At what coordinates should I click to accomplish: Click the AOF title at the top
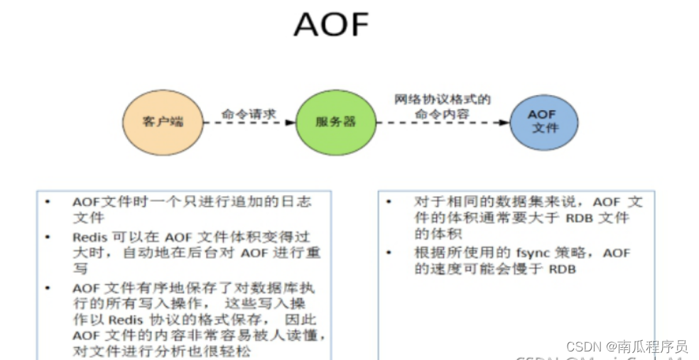pyautogui.click(x=331, y=25)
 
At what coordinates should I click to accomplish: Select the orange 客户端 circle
pyautogui.click(x=163, y=121)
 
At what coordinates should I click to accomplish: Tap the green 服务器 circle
pyautogui.click(x=335, y=122)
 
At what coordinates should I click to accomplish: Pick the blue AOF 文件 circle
pyautogui.click(x=544, y=121)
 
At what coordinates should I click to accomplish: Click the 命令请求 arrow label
pyautogui.click(x=248, y=113)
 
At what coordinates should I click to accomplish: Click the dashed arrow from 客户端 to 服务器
pyautogui.click(x=249, y=123)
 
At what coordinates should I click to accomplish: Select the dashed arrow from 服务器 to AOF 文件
pyautogui.click(x=443, y=123)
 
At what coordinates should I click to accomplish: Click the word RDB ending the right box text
pyautogui.click(x=562, y=269)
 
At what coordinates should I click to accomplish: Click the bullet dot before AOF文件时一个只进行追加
pyautogui.click(x=48, y=202)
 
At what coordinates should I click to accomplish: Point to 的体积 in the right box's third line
pyautogui.click(x=431, y=234)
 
